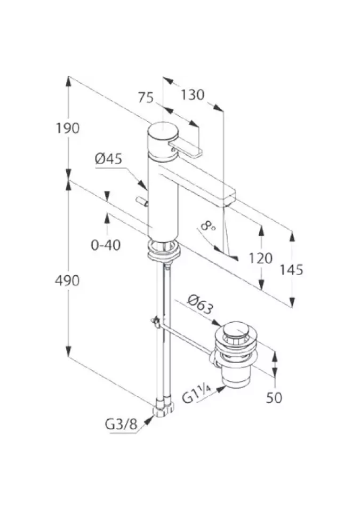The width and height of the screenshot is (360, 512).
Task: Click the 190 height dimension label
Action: (67, 128)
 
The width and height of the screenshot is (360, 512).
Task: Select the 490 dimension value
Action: (67, 279)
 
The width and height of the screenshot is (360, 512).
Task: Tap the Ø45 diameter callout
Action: (109, 158)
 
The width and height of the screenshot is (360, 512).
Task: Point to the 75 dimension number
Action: (146, 98)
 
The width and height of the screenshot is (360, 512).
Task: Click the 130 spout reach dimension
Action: (192, 95)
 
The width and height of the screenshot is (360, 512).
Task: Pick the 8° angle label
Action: (207, 228)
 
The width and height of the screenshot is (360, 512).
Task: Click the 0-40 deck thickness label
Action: (106, 245)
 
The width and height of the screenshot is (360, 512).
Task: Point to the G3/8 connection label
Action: (121, 425)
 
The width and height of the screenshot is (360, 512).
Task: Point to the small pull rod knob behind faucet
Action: (141, 201)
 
